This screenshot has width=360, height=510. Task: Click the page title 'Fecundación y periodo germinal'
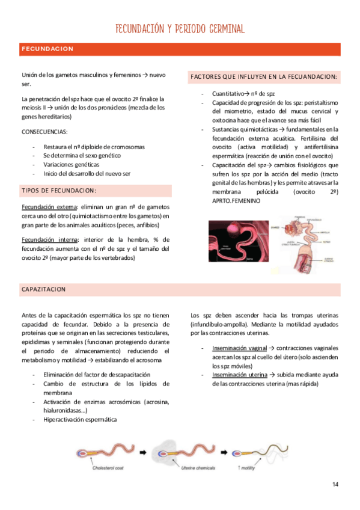180,29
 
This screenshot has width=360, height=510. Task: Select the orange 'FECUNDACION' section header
47,49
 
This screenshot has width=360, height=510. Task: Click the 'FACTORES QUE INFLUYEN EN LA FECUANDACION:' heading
263,77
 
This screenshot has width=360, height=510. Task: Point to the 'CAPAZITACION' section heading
44,289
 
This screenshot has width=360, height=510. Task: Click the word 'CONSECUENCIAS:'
44,131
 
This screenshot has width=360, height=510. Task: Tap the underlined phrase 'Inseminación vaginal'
239,348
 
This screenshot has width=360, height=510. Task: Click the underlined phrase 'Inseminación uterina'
239,374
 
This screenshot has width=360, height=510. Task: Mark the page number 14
335,484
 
